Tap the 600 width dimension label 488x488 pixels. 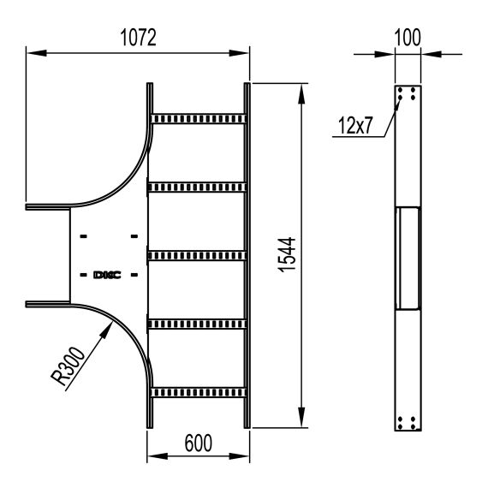pos(199,443)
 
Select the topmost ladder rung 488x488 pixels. pos(199,117)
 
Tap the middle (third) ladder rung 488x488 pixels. pos(199,254)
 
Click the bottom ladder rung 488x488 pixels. pos(199,391)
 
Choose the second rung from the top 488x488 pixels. pos(199,186)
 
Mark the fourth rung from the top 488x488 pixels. pos(199,323)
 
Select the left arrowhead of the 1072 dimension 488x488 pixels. pos(32,53)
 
